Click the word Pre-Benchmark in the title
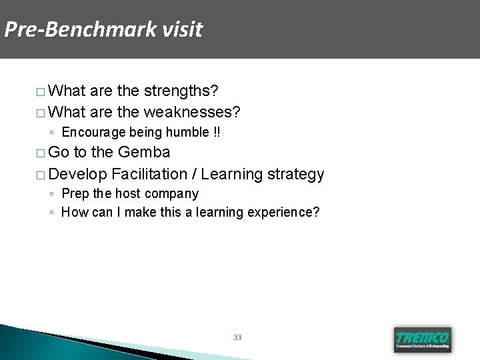click(x=79, y=30)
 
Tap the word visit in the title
click(x=181, y=30)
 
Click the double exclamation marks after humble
click(x=217, y=133)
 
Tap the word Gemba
click(x=144, y=153)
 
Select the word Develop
click(x=78, y=175)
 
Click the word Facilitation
click(x=150, y=175)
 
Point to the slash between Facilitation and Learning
click(x=194, y=175)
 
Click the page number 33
click(x=237, y=337)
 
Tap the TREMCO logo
click(x=423, y=338)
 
